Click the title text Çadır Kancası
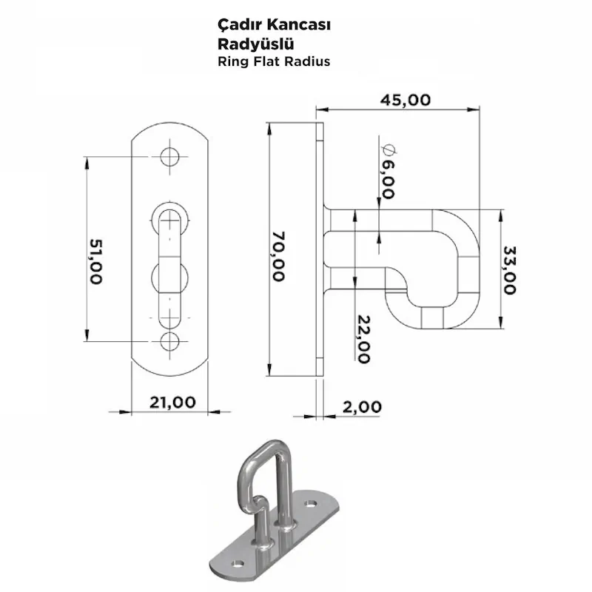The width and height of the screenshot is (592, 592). [x=274, y=25]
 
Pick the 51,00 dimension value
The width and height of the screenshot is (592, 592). [x=95, y=260]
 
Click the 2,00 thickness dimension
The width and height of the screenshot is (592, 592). [x=362, y=406]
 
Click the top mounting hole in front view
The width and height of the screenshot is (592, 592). [x=171, y=157]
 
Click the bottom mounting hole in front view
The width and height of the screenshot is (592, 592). [x=171, y=341]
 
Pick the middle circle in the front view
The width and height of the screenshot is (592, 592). [x=171, y=278]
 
